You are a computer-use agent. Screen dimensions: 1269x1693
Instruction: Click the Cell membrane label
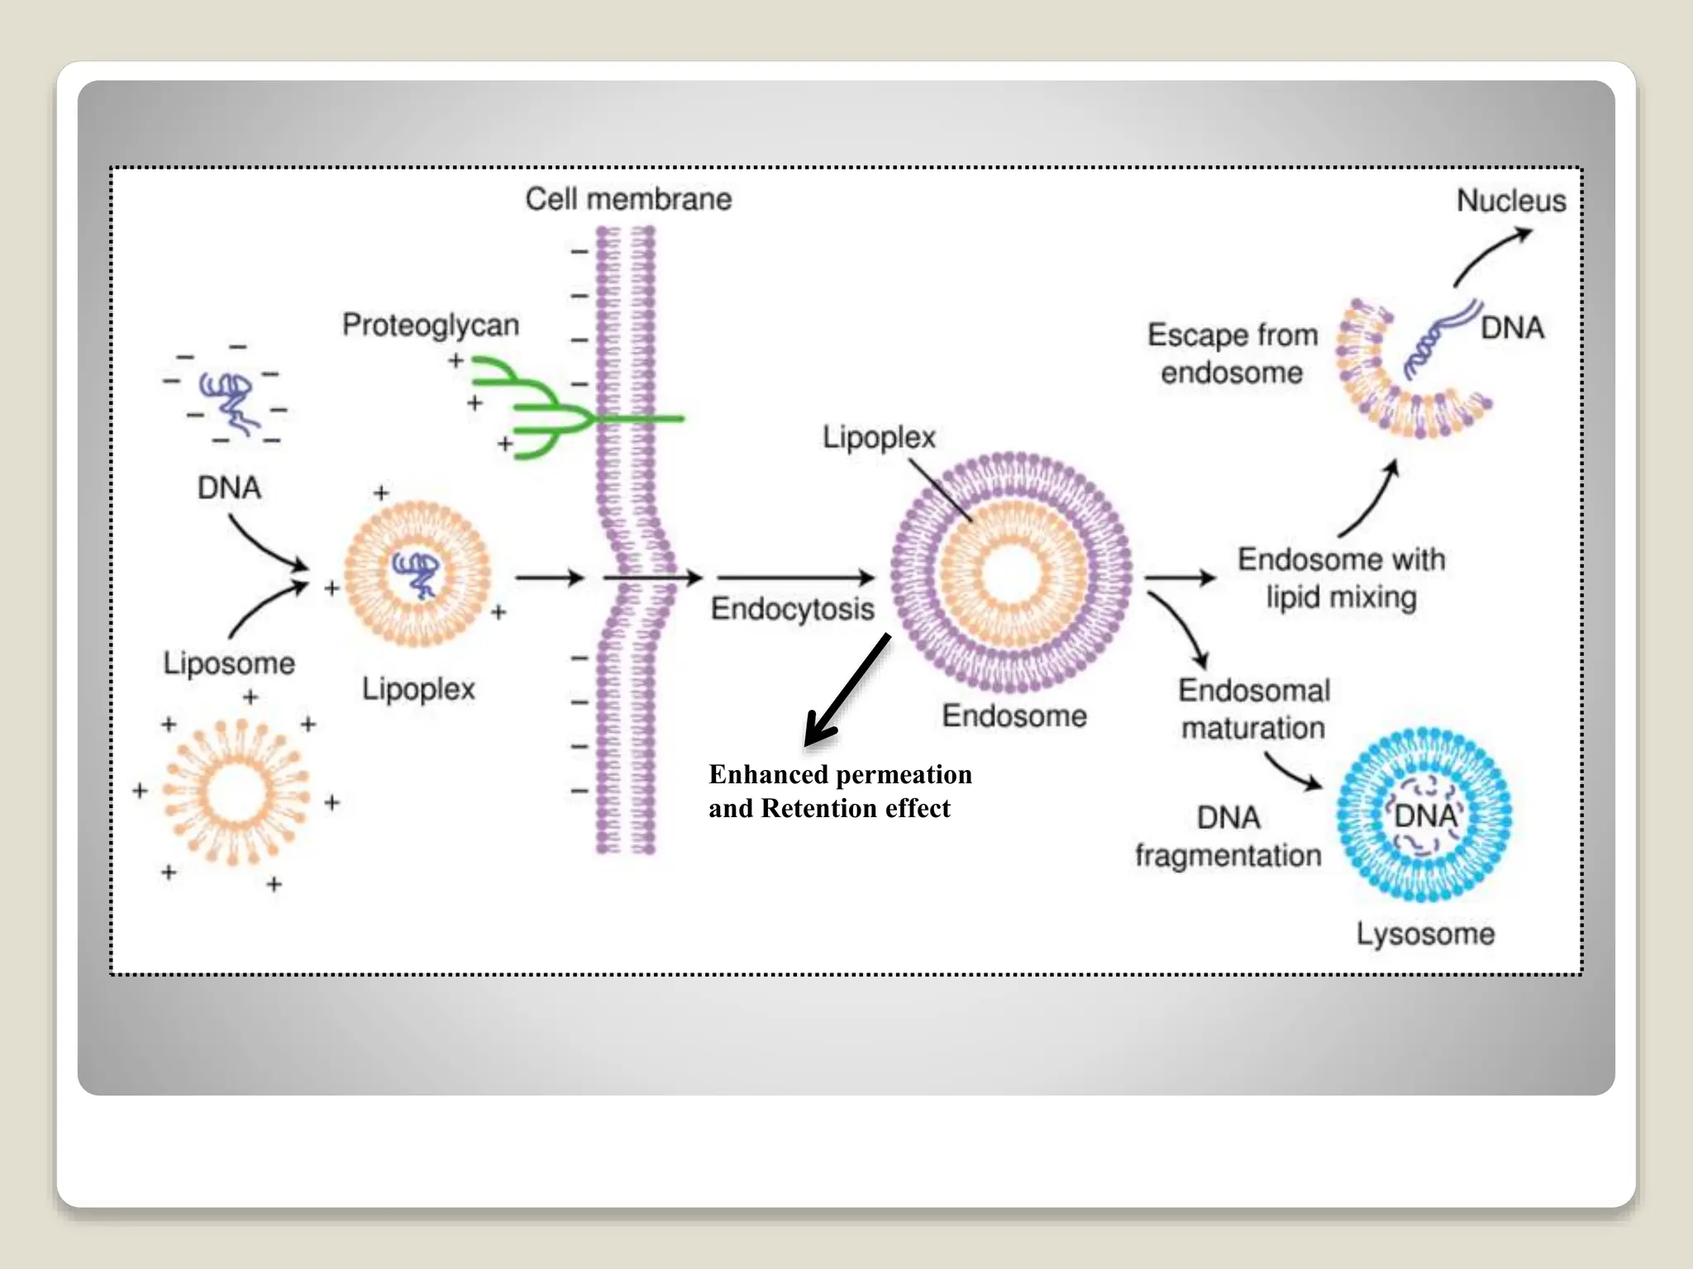pos(628,199)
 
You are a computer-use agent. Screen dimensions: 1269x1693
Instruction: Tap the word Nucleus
pos(1510,201)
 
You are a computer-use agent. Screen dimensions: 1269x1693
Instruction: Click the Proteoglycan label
pos(431,326)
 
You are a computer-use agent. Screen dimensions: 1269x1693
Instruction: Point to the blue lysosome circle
pos(1424,814)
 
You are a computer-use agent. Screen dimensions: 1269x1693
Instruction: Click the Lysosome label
pos(1425,934)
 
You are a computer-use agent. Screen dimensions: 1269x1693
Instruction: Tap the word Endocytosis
pos(792,609)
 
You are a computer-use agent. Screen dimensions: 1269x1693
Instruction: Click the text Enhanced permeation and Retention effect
pos(839,791)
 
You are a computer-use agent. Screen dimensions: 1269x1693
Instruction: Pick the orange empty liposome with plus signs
pos(236,791)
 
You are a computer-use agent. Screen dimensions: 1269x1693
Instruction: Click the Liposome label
pos(228,663)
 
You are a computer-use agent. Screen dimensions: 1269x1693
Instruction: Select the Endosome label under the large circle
pos(1014,716)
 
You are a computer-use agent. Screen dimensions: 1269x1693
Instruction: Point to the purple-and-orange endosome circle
pos(1011,573)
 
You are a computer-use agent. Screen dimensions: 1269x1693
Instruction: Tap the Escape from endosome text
pos(1232,354)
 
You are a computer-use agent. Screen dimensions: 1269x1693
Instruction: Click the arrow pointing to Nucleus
pos(1491,255)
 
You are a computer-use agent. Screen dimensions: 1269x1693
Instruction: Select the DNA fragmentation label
pos(1228,836)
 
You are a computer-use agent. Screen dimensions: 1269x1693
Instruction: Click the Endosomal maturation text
pos(1253,709)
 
